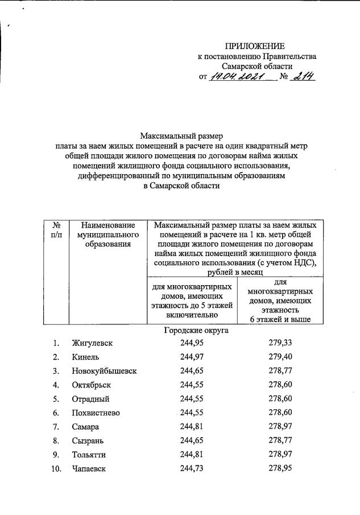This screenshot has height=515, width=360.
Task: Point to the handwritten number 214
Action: [x=303, y=76]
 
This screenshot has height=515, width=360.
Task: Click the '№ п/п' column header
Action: [x=56, y=230]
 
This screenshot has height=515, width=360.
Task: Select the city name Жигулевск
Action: [x=92, y=343]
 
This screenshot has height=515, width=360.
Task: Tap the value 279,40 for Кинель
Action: [x=280, y=357]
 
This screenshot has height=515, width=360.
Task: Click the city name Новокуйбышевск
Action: [x=104, y=371]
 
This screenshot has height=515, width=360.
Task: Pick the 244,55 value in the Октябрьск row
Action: [x=192, y=385]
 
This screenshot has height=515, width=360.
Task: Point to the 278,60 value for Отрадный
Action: [x=280, y=399]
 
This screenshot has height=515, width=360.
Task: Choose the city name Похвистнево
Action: [x=96, y=413]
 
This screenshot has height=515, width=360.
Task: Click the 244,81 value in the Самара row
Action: [x=192, y=427]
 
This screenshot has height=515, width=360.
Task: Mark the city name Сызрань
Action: [x=88, y=440]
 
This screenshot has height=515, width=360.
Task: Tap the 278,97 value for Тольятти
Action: [x=280, y=455]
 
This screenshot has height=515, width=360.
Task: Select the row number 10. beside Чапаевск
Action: [x=55, y=468]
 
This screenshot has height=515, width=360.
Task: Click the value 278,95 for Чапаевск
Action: [x=280, y=468]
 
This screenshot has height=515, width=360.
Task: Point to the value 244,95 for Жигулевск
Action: [x=192, y=343]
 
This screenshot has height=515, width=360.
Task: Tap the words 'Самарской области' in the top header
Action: [x=257, y=66]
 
